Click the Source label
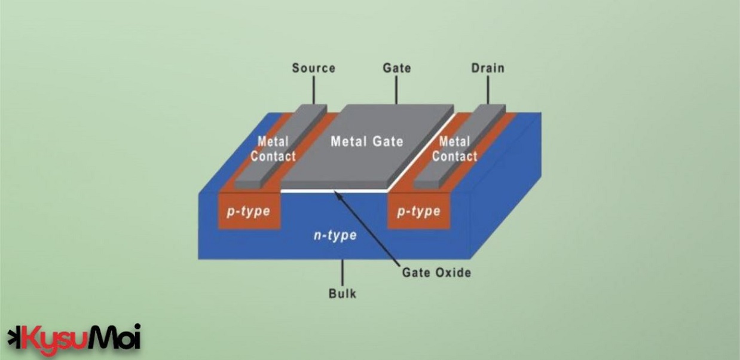(313, 68)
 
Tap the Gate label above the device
(396, 68)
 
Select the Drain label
(487, 68)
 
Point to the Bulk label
(343, 294)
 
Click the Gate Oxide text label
(436, 273)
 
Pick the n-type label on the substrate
(335, 235)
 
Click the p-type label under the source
(248, 212)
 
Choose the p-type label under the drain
(418, 212)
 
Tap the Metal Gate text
(367, 142)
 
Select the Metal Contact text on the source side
(273, 149)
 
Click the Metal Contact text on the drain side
(455, 149)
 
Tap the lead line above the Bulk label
(343, 272)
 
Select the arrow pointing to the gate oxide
(365, 227)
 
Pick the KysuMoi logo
(74, 338)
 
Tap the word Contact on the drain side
(455, 157)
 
